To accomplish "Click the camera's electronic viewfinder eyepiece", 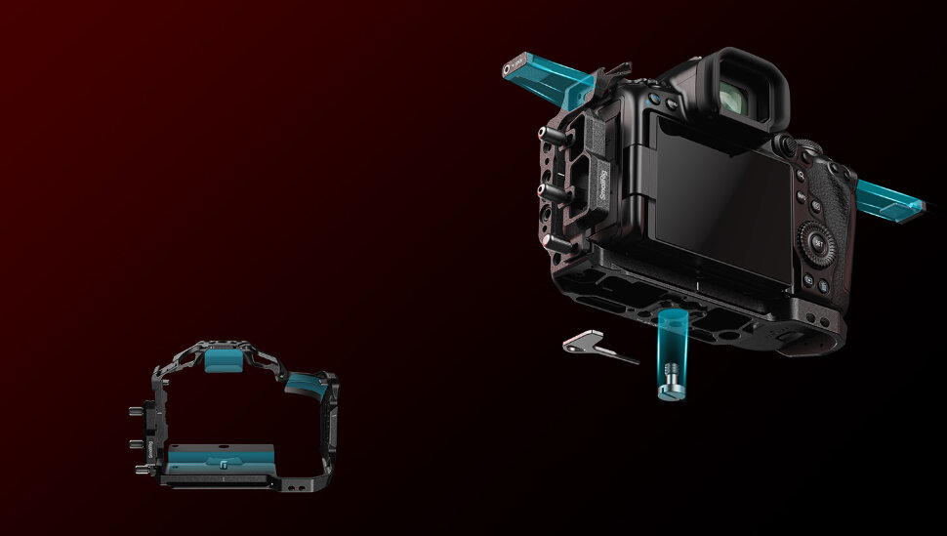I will click(744, 93).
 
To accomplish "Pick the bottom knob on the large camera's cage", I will click(554, 238).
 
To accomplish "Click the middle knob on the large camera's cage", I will click(550, 191).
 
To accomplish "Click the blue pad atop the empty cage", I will click(223, 360).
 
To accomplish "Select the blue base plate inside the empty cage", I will click(221, 456).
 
